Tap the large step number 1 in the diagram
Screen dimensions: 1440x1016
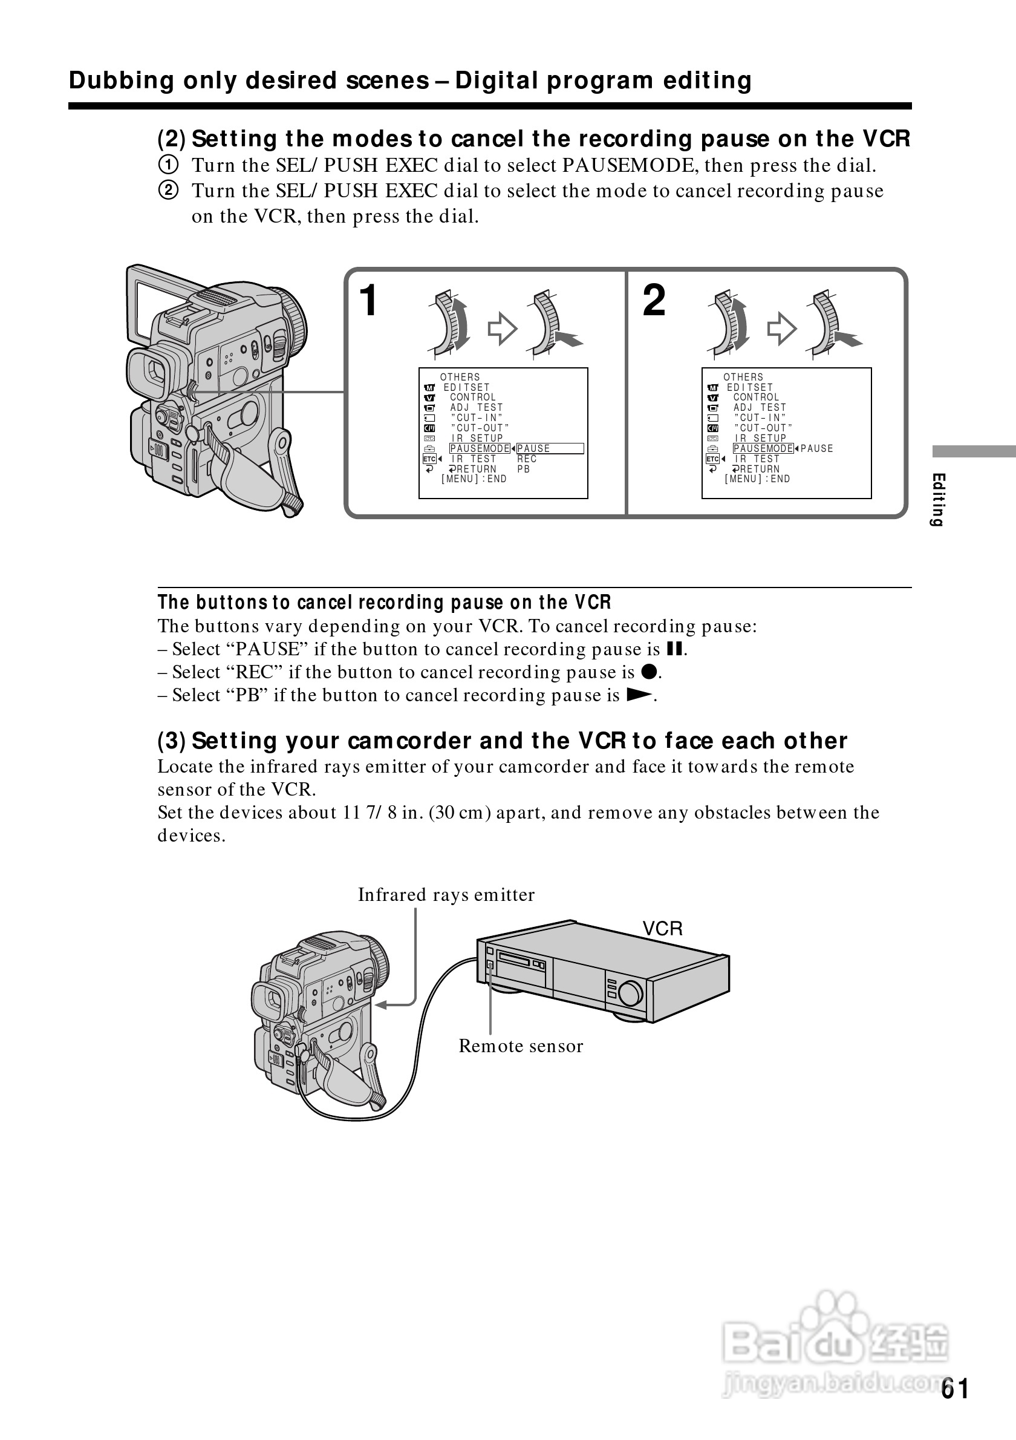(x=368, y=301)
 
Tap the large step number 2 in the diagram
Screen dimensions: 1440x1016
(x=654, y=301)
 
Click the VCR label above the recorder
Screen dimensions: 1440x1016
(x=662, y=928)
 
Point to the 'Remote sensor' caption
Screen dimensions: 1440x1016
(x=520, y=1046)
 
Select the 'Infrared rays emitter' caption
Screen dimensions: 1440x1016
(x=446, y=894)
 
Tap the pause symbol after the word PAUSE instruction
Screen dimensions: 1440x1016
(x=674, y=649)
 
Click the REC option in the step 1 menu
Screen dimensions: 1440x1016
(x=527, y=459)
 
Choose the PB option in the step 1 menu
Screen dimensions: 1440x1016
(x=523, y=469)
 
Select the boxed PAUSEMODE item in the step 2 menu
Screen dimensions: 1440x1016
(x=763, y=448)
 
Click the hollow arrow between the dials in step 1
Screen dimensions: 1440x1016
(x=502, y=328)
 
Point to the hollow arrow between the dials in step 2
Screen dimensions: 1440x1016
(x=781, y=328)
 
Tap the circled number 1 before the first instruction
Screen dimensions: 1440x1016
(x=168, y=165)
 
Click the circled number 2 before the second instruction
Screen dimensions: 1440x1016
(x=168, y=190)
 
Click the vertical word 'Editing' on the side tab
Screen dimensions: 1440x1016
(x=937, y=500)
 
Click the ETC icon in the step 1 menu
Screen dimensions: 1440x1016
(x=429, y=459)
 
